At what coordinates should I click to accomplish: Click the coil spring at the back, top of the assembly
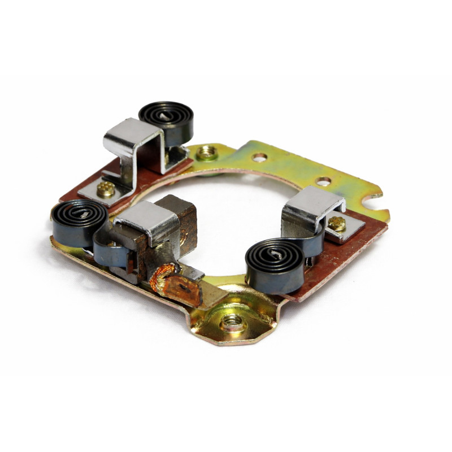pyautogui.click(x=166, y=119)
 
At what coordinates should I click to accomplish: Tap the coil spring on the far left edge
pyautogui.click(x=79, y=220)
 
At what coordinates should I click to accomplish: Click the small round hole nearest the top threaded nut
pyautogui.click(x=259, y=158)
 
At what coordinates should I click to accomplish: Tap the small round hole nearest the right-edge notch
pyautogui.click(x=323, y=182)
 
